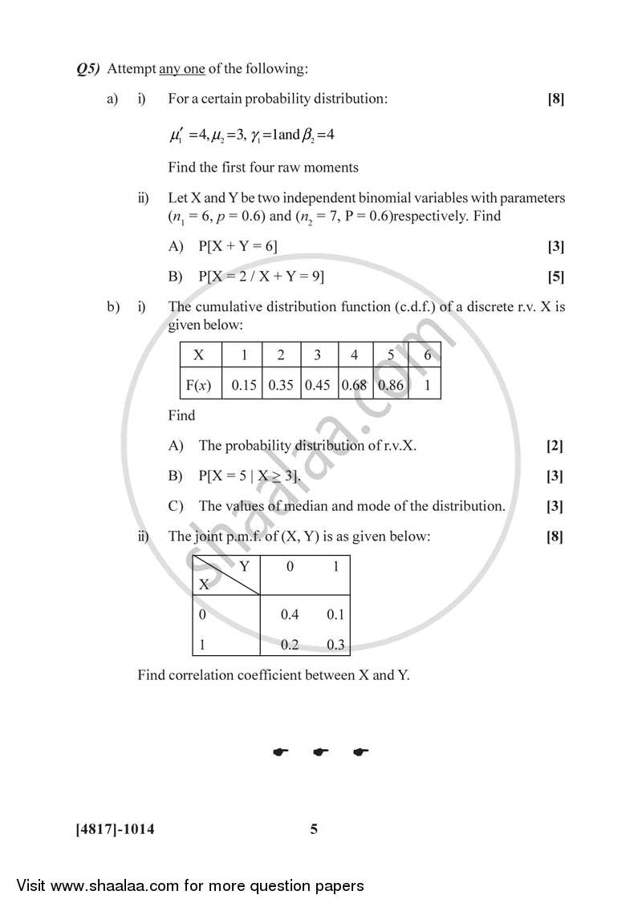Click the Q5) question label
point(87,69)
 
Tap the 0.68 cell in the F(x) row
point(354,385)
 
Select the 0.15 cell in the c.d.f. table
point(244,385)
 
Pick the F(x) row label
point(198,385)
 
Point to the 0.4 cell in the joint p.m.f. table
point(290,615)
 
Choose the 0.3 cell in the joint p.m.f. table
point(335,644)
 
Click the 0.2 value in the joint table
point(290,644)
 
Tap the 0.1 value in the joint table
point(335,615)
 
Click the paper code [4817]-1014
point(114,829)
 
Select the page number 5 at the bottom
point(314,829)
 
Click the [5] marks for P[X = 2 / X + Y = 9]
point(555,277)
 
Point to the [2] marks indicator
point(555,446)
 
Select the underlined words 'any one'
point(182,69)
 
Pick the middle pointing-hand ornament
point(321,752)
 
